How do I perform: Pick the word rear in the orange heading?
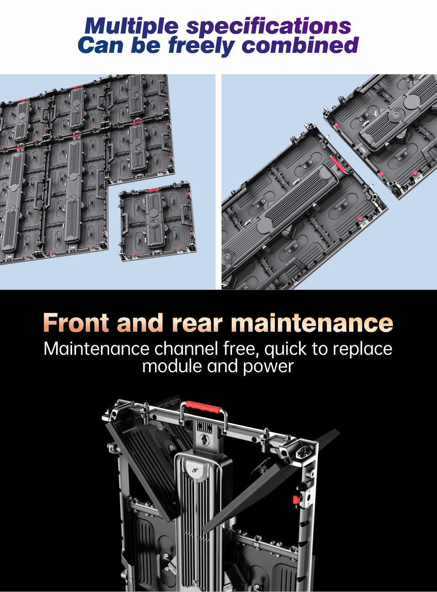(198, 324)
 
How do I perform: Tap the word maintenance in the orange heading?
(312, 322)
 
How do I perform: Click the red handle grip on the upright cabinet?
(203, 408)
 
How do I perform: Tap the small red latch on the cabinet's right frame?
(296, 499)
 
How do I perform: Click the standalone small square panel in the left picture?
(157, 221)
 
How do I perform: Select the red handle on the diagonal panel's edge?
(338, 163)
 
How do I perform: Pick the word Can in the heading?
(101, 45)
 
